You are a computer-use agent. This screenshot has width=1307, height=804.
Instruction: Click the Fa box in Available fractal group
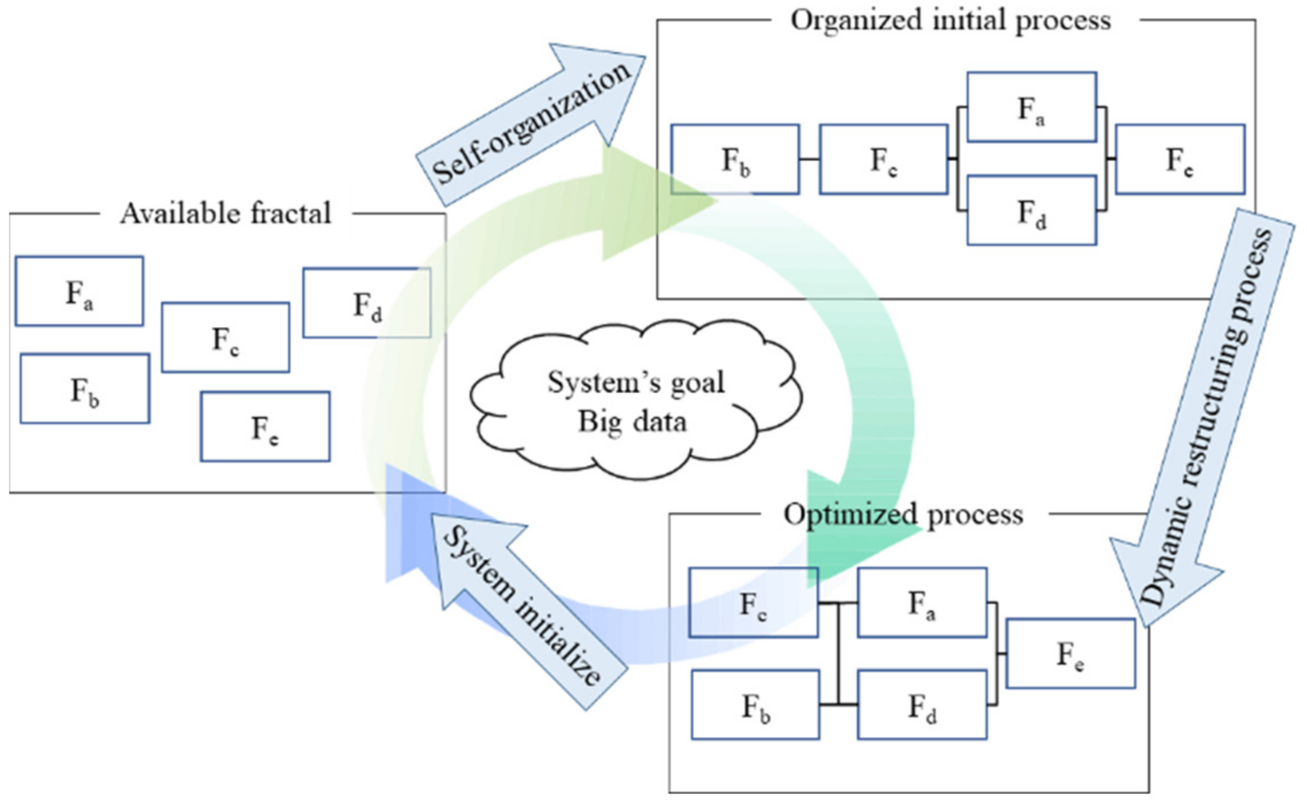point(79,291)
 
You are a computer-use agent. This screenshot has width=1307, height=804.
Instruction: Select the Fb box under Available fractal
point(85,389)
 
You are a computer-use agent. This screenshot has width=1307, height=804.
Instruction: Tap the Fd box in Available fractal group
point(367,303)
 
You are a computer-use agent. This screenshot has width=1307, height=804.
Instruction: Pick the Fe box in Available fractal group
point(265,427)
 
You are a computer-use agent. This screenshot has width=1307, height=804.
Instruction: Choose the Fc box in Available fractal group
point(226,338)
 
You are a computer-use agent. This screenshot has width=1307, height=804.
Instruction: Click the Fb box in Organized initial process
point(735,159)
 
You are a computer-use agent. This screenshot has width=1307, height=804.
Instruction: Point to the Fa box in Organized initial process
point(1032,107)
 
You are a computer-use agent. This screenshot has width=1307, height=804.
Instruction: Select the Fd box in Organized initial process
point(1032,210)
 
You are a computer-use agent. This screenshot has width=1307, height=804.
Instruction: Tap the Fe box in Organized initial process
point(1180,159)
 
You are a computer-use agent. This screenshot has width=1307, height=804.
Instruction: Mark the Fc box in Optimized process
point(753,602)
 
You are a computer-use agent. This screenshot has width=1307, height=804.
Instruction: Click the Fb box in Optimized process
point(756,705)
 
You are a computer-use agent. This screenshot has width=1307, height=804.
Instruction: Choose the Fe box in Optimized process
point(1071,654)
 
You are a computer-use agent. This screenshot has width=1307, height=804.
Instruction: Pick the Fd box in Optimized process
point(922,705)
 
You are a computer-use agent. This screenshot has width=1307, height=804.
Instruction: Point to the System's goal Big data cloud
point(636,400)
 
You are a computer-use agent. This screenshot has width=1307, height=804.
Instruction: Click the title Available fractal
point(226,214)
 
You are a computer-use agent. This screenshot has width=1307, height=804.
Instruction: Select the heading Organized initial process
point(951,21)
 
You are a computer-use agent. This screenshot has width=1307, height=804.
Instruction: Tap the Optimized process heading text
point(903,515)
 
